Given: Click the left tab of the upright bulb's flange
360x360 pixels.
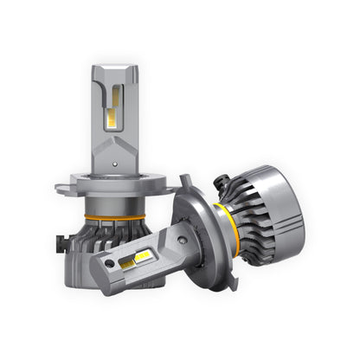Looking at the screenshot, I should click(64, 185).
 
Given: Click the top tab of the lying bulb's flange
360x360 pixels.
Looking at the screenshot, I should click(183, 183).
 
